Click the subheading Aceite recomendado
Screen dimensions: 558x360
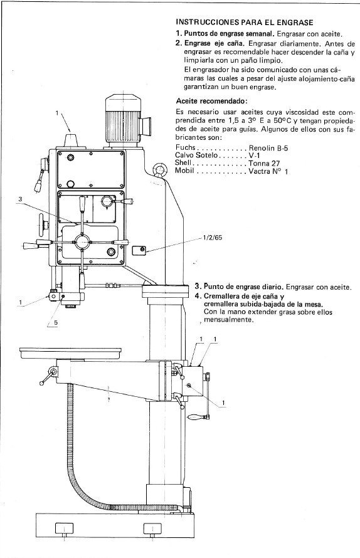(211, 100)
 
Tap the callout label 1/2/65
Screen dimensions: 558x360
(213, 239)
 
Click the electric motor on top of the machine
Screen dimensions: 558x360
(126, 117)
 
